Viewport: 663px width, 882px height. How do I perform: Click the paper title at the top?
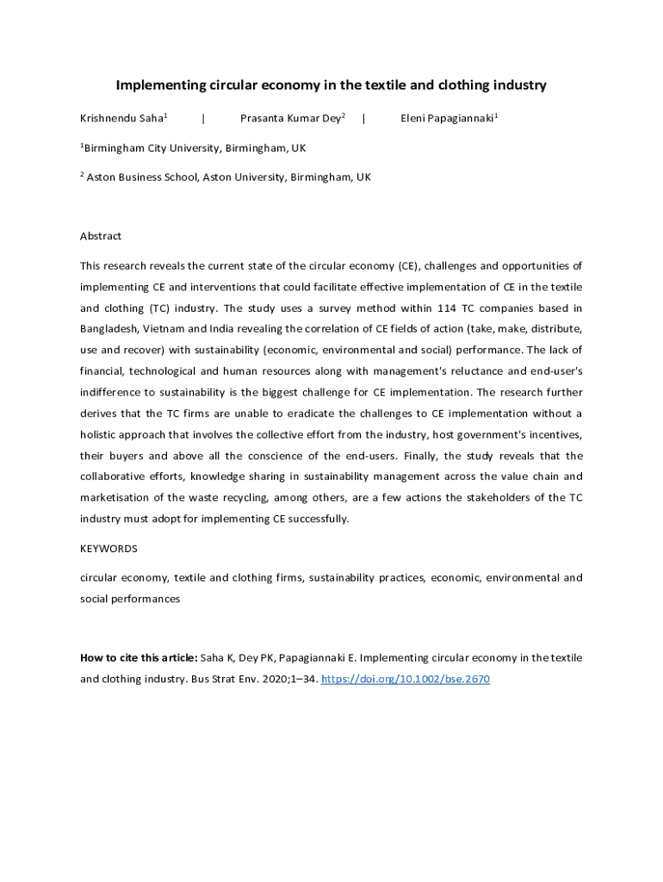(331, 85)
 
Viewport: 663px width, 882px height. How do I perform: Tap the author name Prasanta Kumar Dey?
(290, 119)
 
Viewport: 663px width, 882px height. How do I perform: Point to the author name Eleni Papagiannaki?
(447, 119)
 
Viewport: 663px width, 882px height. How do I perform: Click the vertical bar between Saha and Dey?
(202, 119)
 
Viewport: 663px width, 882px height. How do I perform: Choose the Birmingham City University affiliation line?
(195, 148)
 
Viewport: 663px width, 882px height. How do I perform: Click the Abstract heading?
(101, 236)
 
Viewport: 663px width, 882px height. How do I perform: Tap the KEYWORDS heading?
(108, 549)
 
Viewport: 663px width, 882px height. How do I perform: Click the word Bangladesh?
(110, 328)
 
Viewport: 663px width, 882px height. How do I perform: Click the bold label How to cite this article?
(139, 658)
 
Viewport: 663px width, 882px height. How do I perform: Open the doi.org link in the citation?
(405, 679)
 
